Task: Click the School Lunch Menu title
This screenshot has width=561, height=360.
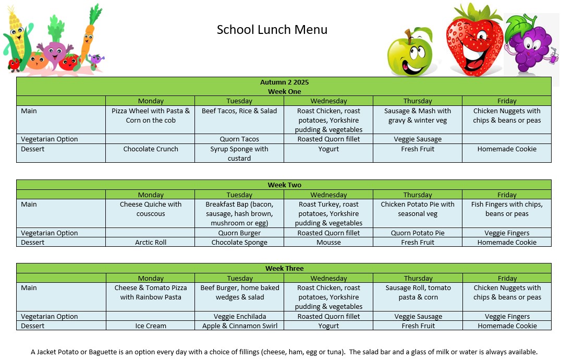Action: tap(272, 30)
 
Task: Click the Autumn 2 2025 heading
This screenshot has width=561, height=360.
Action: tap(284, 82)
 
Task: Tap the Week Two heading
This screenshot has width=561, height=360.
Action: tap(284, 185)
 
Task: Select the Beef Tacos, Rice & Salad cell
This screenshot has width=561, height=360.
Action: tap(239, 111)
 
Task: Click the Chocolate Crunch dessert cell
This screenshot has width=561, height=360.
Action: tap(151, 149)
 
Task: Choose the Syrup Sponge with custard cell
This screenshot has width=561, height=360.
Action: tap(239, 153)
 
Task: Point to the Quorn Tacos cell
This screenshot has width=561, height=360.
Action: tap(239, 139)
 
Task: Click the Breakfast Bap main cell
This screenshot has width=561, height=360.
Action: tap(239, 214)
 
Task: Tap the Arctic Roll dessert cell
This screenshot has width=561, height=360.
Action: tap(151, 243)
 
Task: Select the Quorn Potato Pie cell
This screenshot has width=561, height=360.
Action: tap(418, 233)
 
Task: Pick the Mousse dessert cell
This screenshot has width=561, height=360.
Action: tap(328, 243)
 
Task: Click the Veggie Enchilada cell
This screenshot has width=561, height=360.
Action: tap(239, 317)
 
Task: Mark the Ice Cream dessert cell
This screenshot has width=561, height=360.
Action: tap(151, 326)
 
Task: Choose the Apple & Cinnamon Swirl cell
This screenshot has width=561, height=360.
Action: tap(239, 326)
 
